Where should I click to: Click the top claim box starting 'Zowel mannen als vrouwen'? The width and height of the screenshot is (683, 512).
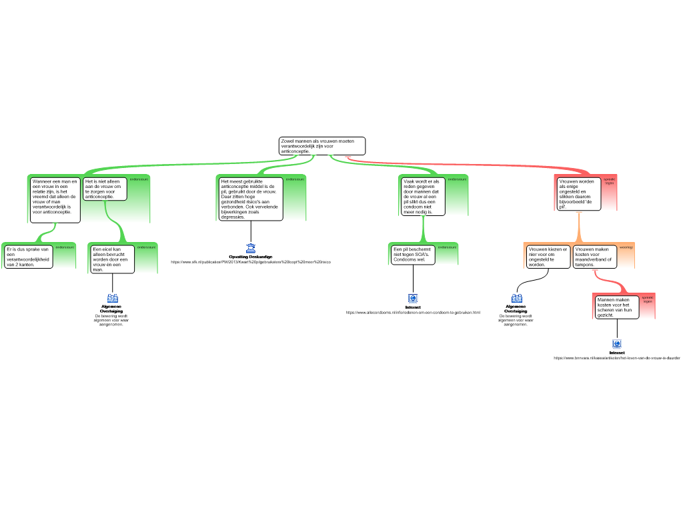point(321,146)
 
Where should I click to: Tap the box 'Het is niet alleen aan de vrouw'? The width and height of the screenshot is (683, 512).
point(105,189)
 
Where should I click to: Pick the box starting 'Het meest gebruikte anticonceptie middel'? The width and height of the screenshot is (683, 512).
point(251,199)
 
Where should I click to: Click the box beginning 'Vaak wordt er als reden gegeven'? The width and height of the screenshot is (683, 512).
point(422,197)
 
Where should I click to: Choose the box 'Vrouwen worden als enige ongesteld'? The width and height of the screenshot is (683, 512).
point(578,193)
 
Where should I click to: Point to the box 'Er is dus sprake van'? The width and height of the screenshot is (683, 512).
point(29,257)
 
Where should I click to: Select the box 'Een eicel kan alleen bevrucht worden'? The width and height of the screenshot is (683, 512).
point(113,259)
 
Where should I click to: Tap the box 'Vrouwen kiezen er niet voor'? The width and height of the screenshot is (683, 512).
point(548,257)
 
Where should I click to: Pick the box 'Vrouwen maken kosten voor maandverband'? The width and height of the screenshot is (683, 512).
point(594,257)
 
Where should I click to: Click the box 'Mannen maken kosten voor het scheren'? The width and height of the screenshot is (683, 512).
point(616,307)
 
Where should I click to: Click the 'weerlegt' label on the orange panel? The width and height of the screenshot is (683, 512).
point(626,247)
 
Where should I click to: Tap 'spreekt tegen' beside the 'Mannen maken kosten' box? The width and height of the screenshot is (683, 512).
point(648,299)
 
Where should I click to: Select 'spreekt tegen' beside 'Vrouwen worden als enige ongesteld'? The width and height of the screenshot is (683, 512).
point(609,181)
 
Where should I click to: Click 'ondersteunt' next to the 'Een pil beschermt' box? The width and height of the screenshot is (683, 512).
point(447,247)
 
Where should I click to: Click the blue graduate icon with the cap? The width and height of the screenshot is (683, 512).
point(251,249)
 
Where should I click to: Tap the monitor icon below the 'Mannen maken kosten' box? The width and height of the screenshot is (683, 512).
point(617,344)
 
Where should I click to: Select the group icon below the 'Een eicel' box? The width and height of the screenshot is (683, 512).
point(113,298)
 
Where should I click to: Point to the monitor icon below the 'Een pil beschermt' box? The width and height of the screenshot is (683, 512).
point(412,299)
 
